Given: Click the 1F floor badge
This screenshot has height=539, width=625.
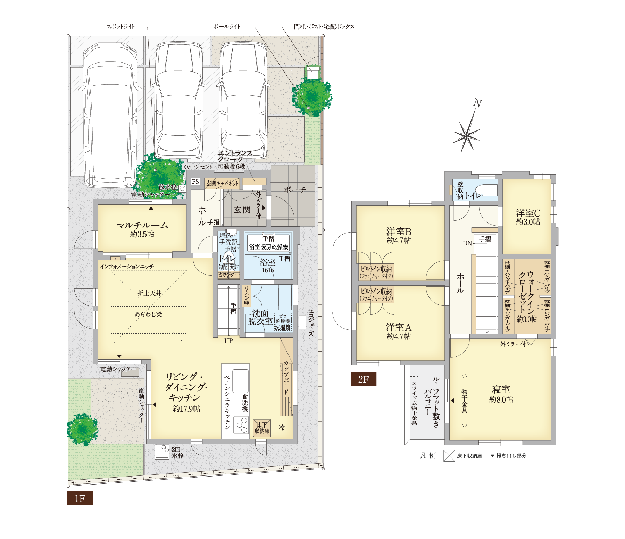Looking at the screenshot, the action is tap(80, 498).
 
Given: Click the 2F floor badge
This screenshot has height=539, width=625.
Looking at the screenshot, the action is tap(364, 379).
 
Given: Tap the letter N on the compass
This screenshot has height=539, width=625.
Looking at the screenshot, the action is tap(478, 103).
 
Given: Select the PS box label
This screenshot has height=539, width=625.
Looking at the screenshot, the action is tap(195, 182).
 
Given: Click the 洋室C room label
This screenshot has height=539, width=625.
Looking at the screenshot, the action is tap(528, 217).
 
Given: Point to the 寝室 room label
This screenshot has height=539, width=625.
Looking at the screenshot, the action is tap(501, 394).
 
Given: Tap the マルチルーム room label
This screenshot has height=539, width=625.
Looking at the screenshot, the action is tap(142, 229).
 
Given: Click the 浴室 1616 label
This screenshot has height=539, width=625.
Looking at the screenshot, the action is tap(268, 266).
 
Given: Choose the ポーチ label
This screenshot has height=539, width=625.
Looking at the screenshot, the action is tap(295, 190).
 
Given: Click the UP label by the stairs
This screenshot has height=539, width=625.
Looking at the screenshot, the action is tap(228, 341).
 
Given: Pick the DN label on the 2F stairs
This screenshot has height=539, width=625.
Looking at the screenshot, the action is tap(467, 243).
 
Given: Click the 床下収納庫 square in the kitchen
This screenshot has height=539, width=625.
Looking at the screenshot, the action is tap(262, 428).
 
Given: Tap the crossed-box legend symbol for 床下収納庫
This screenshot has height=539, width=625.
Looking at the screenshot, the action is tap(449, 456).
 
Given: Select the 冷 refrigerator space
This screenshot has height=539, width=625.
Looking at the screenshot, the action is tap(282, 428).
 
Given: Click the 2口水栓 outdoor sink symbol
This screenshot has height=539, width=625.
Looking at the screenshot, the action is tap(162, 452).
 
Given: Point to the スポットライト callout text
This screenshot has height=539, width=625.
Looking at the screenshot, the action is tap(121, 27).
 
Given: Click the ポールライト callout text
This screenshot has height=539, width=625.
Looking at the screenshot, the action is tap(227, 27).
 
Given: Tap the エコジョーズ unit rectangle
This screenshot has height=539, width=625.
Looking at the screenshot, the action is tap(302, 322).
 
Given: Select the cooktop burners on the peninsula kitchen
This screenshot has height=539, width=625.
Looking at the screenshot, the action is tap(241, 424).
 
